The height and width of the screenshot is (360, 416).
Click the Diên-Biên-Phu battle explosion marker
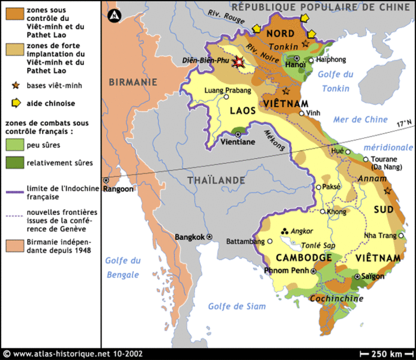tap(240, 62)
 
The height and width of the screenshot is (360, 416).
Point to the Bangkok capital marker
tap(209, 237)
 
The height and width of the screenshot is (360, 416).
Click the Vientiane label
tap(238, 142)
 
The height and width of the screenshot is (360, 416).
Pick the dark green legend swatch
tap(13, 162)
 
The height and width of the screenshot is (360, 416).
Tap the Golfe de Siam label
tap(236, 306)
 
